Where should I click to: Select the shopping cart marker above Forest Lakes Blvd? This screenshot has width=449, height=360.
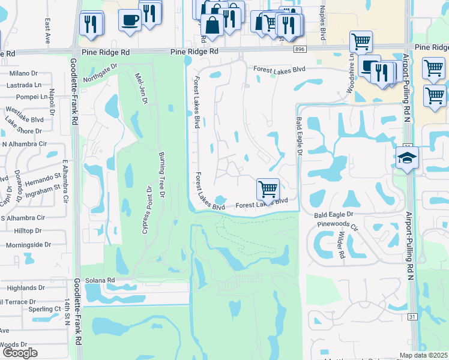(x=268, y=188)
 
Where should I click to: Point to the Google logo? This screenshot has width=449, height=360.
(x=20, y=353)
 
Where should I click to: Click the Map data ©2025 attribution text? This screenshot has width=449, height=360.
(x=424, y=355)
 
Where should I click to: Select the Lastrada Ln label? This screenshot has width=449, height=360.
(x=24, y=85)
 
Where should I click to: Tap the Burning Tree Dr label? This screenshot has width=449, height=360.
(x=162, y=174)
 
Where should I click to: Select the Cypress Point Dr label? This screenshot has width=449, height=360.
(x=146, y=210)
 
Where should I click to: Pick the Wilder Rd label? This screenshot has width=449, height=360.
(x=342, y=245)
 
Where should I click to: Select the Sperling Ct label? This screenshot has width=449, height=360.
(x=41, y=309)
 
